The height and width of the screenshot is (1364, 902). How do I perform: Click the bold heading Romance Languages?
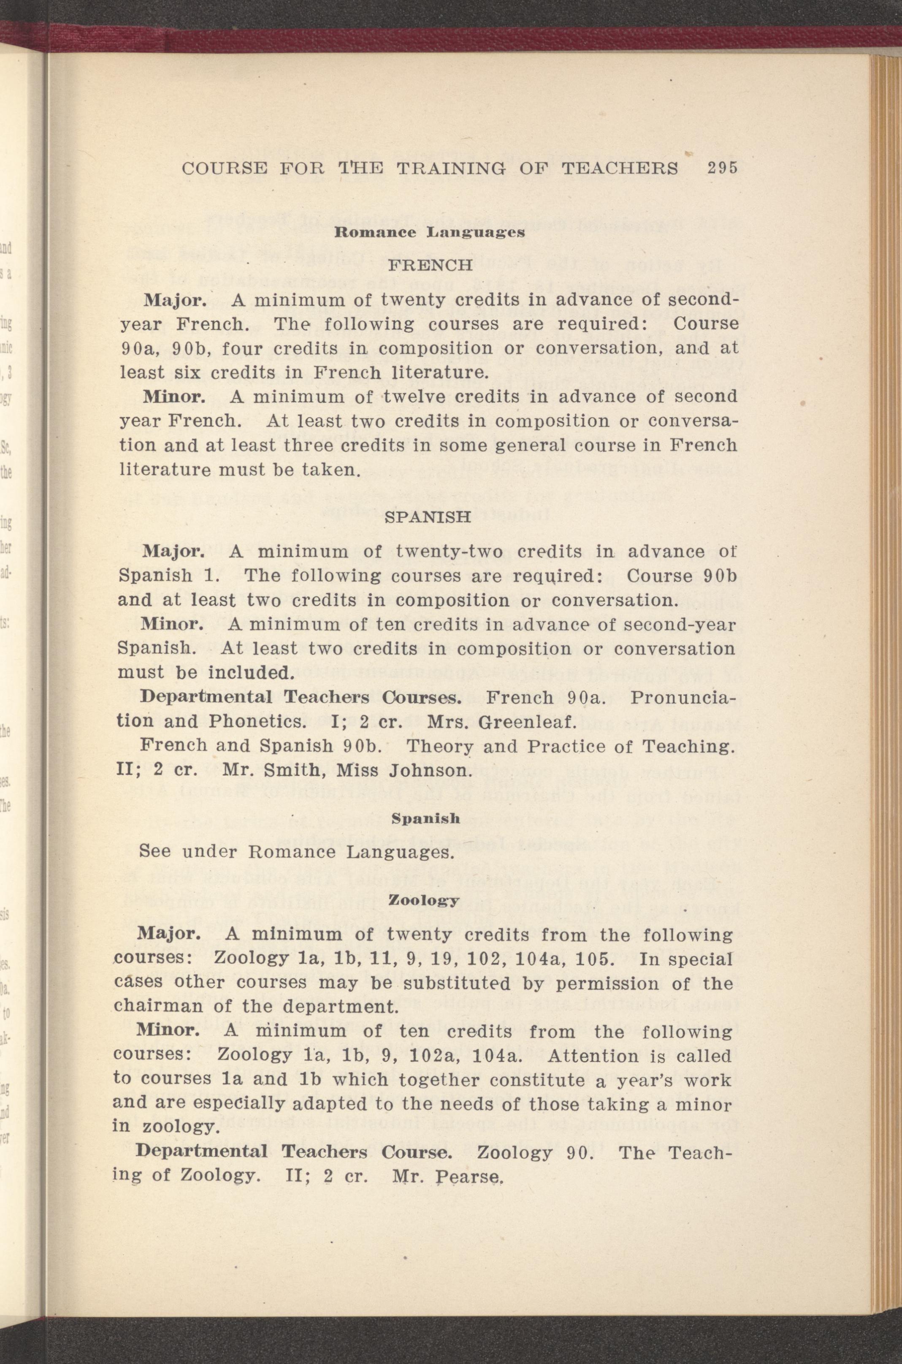(430, 233)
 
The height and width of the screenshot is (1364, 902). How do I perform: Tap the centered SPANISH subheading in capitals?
(428, 517)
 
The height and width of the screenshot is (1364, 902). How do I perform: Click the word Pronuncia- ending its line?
(684, 698)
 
